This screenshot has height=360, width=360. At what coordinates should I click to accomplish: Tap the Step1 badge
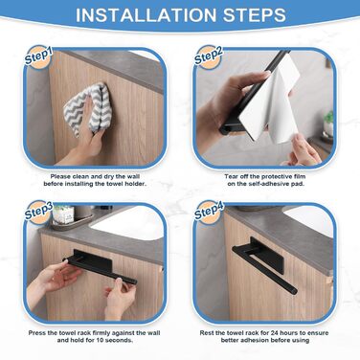[x=38, y=57]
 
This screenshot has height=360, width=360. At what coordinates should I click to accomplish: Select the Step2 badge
[x=208, y=56]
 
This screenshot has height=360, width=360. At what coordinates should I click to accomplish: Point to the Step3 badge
[x=38, y=212]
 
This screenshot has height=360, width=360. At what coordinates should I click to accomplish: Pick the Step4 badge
[x=208, y=212]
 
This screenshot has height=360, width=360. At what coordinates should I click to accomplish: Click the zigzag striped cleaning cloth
[x=85, y=108]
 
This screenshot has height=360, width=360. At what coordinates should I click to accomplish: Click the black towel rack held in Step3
[x=100, y=265]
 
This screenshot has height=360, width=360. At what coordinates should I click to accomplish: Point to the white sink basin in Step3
[x=126, y=222]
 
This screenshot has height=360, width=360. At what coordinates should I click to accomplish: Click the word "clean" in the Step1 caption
[x=80, y=176]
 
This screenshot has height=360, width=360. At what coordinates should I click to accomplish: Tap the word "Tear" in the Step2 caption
[x=231, y=176]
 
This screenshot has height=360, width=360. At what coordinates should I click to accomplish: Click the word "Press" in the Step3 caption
[x=37, y=333]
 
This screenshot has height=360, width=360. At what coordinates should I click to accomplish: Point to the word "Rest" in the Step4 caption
[x=207, y=333]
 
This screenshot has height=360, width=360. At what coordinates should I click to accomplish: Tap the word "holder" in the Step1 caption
[x=135, y=184]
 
